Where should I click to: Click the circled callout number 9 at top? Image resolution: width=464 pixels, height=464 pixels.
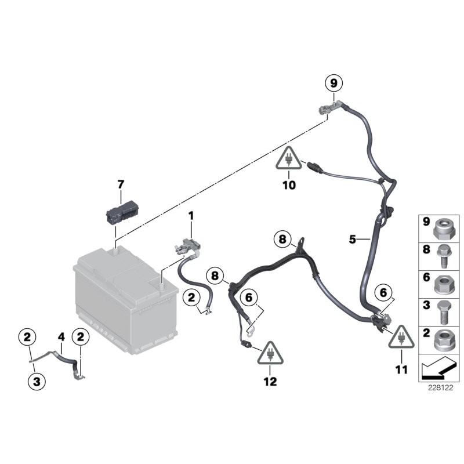coord(333,84)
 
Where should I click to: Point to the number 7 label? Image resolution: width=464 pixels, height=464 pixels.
coord(121,184)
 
